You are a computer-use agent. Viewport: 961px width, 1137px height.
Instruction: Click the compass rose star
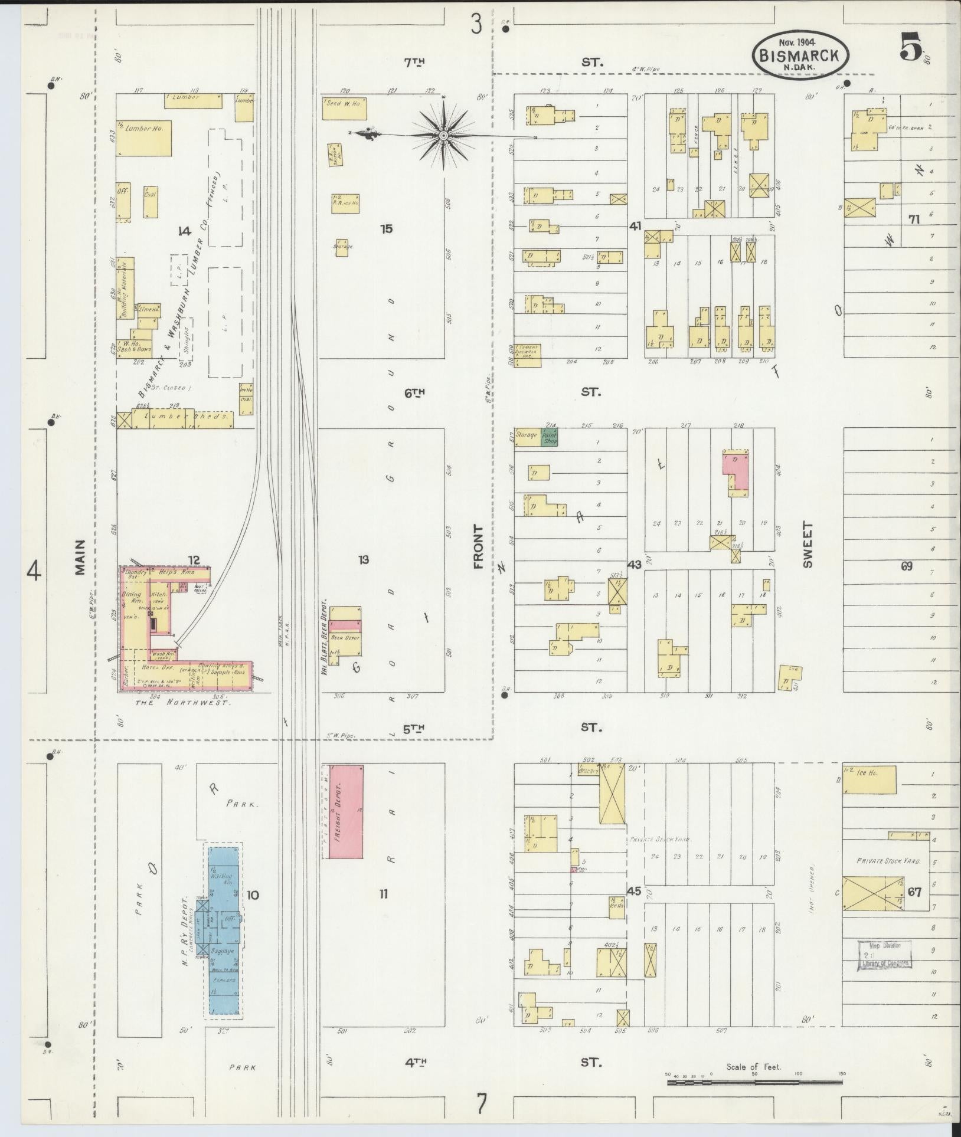click(x=443, y=136)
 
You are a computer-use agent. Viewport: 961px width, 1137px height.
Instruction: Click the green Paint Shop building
click(x=550, y=437)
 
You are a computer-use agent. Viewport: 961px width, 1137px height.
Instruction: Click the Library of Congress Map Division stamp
click(x=884, y=955)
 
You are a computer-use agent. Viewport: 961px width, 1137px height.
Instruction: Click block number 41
click(x=635, y=226)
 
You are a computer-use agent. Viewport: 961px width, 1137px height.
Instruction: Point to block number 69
click(x=907, y=566)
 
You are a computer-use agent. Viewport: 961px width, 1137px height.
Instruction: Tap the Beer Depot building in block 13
click(x=345, y=637)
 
